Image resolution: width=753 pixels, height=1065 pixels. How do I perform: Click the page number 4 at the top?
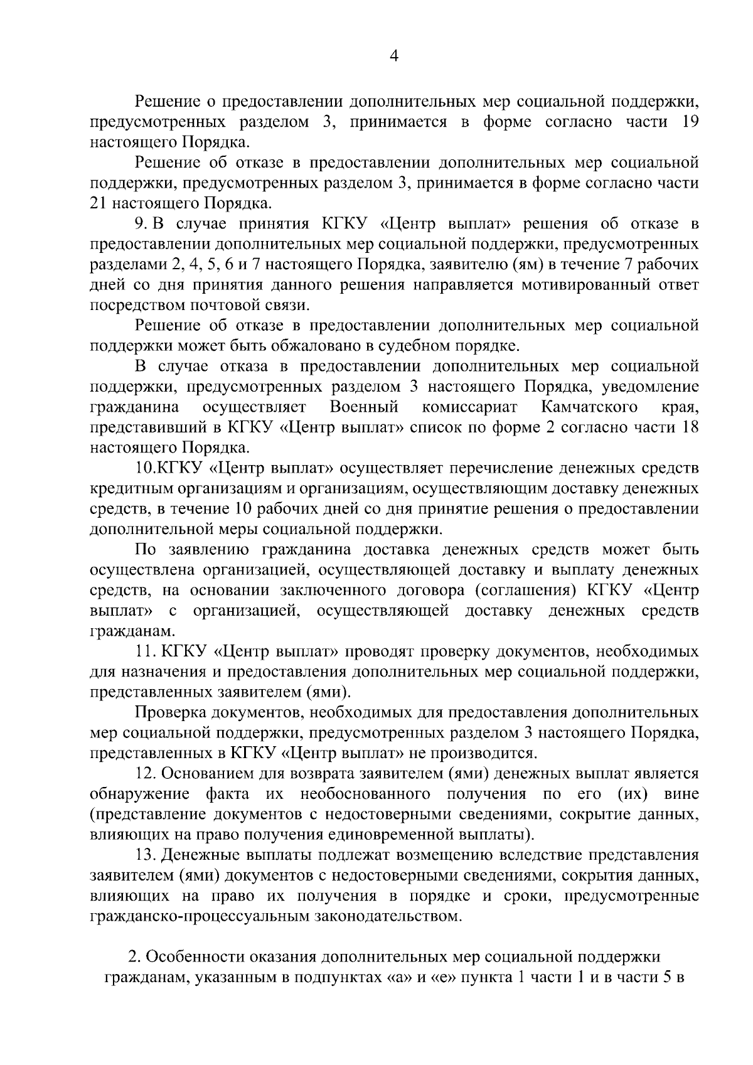click(394, 56)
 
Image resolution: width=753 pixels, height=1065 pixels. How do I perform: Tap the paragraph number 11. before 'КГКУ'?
click(145, 651)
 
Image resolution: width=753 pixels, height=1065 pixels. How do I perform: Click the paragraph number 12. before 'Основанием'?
click(146, 774)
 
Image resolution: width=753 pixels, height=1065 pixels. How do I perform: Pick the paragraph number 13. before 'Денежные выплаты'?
click(146, 855)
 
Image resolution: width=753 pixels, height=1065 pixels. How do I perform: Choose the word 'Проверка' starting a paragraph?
click(169, 712)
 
